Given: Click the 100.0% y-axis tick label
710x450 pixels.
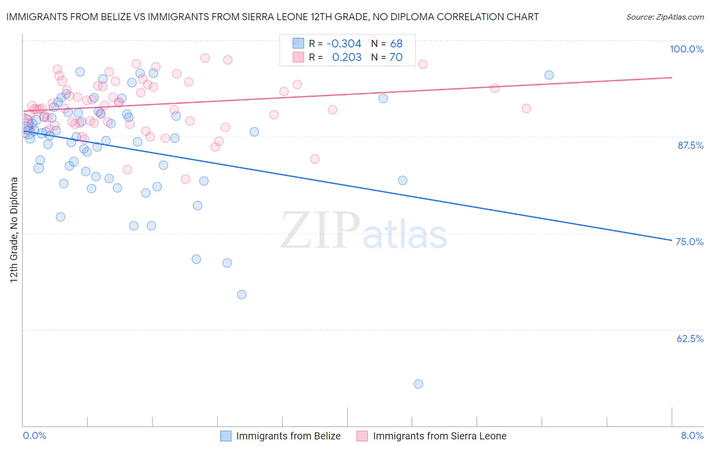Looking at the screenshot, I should [686, 49].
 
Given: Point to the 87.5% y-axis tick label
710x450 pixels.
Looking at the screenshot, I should [690, 145].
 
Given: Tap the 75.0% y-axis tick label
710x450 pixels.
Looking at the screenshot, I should [689, 242].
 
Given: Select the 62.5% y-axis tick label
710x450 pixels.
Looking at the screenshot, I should [690, 339].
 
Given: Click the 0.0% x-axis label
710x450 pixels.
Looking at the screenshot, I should [34, 435].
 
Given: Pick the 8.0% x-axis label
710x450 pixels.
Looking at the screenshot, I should [692, 435].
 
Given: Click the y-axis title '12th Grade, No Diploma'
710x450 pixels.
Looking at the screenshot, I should [14, 230].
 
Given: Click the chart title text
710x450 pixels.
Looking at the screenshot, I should [272, 17].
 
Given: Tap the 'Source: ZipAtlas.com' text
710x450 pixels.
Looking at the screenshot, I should [665, 17].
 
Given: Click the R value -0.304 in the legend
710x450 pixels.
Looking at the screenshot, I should [344, 44].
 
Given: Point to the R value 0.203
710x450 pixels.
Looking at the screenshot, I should [346, 58].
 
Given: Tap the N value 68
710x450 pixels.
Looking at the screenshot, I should [396, 44].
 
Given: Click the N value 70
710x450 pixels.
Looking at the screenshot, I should [396, 58].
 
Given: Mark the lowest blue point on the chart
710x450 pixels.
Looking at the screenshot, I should [418, 384].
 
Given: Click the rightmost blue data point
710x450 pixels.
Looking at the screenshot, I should [549, 75].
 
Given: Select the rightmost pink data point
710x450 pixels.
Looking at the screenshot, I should [526, 108].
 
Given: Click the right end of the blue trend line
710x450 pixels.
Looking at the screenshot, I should [672, 240].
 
